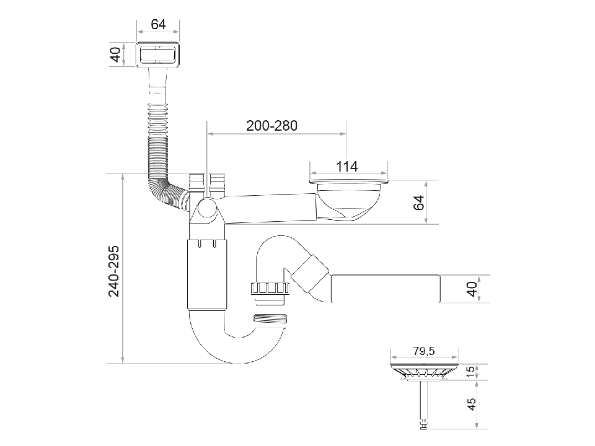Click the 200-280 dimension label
pos(271,125)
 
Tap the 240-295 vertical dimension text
pos(114,271)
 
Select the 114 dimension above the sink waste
pos(347,167)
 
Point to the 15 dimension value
pos(471,372)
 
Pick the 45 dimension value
pos(471,404)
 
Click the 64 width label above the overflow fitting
pos(158,24)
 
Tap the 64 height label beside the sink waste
pos(419,203)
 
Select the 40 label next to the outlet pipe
pos(472,289)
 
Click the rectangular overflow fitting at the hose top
pos(158,55)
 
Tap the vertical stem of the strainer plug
pos(425,403)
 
